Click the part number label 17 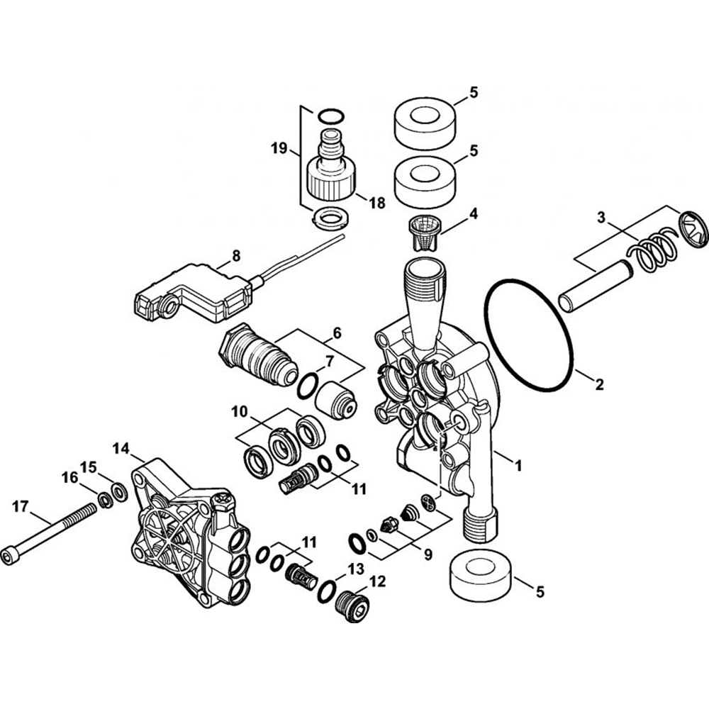click(x=20, y=506)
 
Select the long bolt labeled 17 click(x=48, y=535)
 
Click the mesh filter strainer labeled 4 click(x=424, y=233)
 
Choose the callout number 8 click(x=236, y=256)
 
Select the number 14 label click(x=121, y=449)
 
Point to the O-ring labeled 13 click(x=326, y=591)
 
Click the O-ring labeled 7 click(x=308, y=387)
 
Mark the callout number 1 click(x=519, y=465)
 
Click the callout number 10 click(x=240, y=413)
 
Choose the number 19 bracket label click(x=279, y=148)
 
